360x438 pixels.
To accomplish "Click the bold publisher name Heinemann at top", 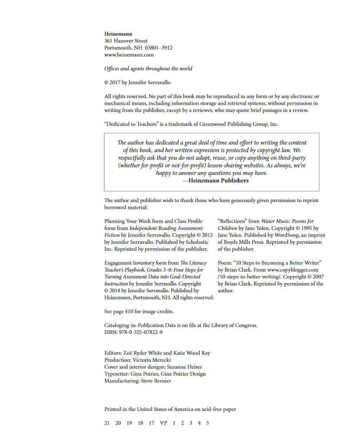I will [x=118, y=34].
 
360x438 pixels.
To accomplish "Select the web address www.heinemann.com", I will [x=129, y=54].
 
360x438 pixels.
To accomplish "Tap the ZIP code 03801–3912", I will [x=159, y=48].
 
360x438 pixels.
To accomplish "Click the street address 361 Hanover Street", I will [x=126, y=41].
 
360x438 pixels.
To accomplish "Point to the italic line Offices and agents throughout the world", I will [x=148, y=68].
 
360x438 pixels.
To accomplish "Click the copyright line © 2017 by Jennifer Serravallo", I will [x=137, y=82].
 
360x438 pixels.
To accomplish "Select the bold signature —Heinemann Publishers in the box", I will [x=215, y=180].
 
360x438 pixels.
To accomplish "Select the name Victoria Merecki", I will [x=152, y=360].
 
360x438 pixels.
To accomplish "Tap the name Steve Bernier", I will [x=156, y=381].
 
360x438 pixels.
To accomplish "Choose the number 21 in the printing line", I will [x=107, y=423].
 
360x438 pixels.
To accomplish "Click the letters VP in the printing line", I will [x=163, y=423].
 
